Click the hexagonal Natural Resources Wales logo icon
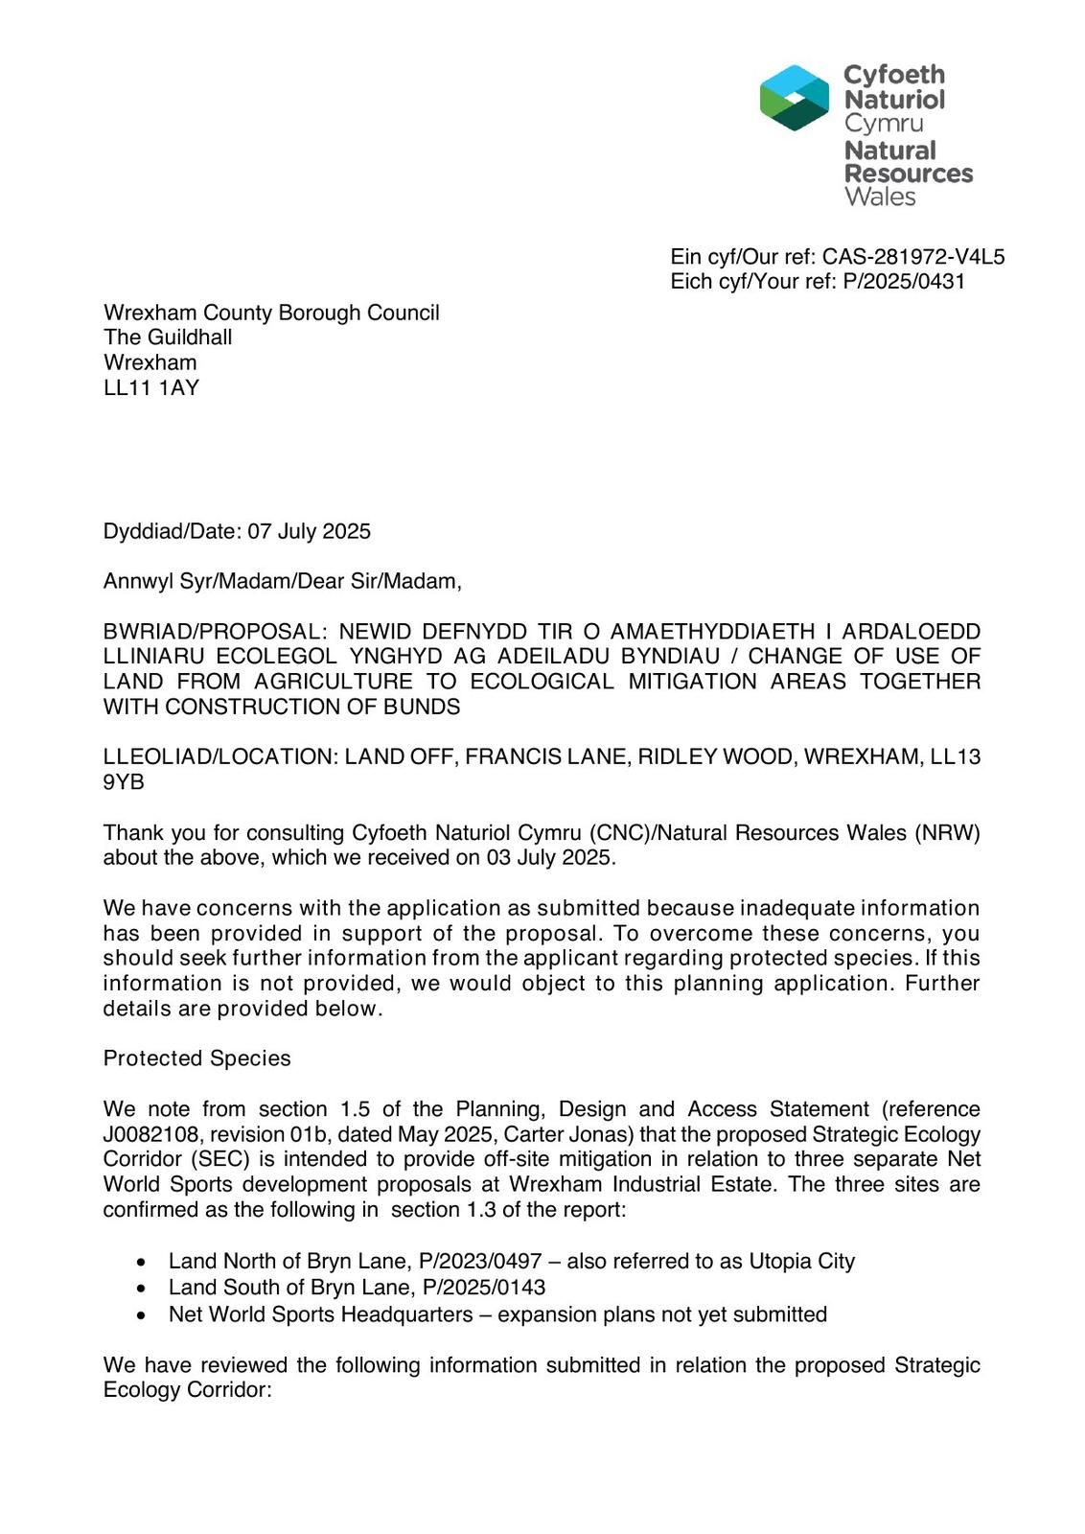(x=794, y=98)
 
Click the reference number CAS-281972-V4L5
(x=913, y=257)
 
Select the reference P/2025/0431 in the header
(x=904, y=282)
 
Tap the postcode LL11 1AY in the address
(x=151, y=388)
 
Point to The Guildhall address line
(x=168, y=337)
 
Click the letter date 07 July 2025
(x=310, y=532)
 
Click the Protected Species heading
(x=196, y=1058)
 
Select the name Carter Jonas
(x=566, y=1135)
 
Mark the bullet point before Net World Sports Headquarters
(x=142, y=1315)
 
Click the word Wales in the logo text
(x=880, y=198)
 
